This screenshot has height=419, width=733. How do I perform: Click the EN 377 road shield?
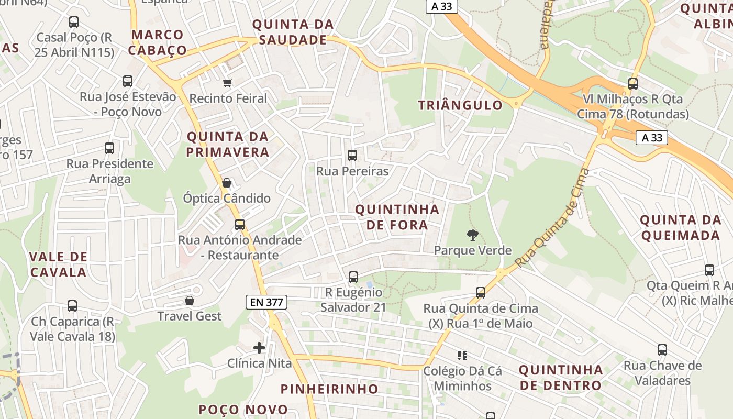266,302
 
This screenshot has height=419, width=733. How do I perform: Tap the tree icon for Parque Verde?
472,235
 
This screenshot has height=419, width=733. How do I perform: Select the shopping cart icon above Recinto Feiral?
228,83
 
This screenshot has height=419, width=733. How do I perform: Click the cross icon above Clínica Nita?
259,348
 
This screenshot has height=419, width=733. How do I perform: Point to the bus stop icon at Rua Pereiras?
352,156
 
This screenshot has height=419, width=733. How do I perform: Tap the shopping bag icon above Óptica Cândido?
227,183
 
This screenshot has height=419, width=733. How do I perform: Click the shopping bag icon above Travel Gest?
190,301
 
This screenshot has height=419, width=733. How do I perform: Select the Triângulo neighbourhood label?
460,105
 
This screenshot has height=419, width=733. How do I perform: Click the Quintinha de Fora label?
397,217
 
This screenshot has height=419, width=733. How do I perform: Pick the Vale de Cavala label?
58,264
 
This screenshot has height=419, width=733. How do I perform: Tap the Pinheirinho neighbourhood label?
329,389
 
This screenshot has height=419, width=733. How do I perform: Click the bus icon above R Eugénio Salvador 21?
353,277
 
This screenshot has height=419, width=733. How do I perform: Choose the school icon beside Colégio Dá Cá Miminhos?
462,356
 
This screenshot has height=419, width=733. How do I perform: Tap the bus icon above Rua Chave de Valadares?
662,350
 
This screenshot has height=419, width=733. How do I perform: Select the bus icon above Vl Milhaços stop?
633,83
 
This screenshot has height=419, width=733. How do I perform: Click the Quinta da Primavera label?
228,145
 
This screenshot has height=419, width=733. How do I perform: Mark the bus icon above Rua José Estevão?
128,81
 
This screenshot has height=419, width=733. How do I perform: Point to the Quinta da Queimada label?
681,227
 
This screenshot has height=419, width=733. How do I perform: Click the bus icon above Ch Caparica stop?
72,305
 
